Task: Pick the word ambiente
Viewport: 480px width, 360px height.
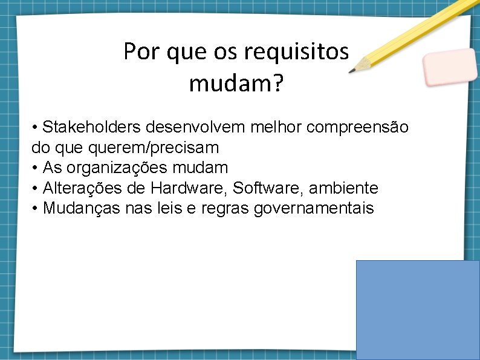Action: (x=343, y=188)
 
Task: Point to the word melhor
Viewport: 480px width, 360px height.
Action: (x=274, y=128)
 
